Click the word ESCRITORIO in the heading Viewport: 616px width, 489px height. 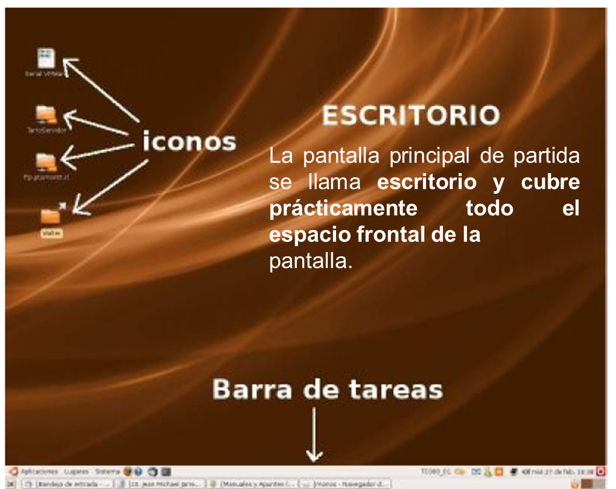coord(411,116)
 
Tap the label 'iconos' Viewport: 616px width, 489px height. coord(189,142)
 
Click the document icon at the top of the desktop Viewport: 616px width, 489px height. coord(46,58)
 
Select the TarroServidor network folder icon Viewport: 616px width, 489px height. coord(46,115)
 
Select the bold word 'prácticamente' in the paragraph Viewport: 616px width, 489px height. coord(343,209)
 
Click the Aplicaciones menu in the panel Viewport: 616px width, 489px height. coord(39,471)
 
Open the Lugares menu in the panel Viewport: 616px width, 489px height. coord(77,471)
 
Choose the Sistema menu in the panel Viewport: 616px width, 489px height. coord(107,471)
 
